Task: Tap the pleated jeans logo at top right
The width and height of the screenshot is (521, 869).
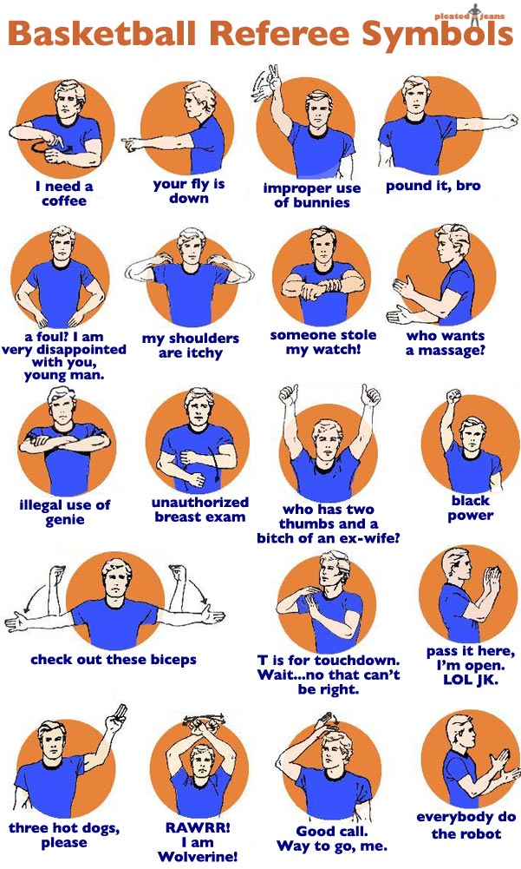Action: [470, 16]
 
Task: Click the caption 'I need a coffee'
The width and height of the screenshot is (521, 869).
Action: [64, 194]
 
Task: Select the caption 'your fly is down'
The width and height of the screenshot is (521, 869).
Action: [189, 191]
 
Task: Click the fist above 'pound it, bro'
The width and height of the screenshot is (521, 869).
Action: [510, 120]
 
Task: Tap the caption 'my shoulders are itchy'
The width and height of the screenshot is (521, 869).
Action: [191, 346]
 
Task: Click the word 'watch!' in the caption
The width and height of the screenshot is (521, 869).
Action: [340, 350]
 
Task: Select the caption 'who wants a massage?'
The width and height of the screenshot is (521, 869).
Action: [446, 343]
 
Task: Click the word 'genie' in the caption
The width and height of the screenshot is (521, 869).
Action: [65, 520]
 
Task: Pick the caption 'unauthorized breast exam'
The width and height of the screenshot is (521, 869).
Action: [200, 510]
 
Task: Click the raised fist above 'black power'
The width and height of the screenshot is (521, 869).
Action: [454, 396]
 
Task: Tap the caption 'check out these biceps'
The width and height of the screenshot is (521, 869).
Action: [114, 660]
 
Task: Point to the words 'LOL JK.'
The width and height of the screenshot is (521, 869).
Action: [471, 680]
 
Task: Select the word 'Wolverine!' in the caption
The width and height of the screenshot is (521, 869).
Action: [198, 857]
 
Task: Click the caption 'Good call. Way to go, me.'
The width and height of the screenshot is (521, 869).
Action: [332, 839]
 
